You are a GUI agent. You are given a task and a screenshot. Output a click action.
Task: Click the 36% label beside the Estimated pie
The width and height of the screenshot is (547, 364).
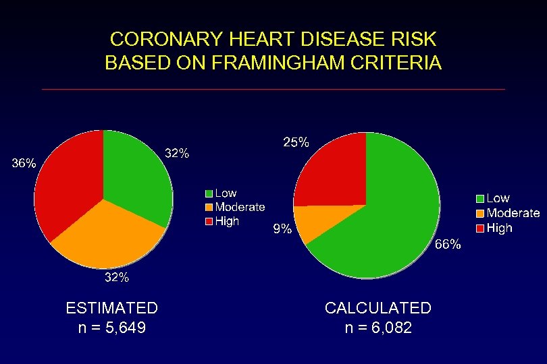tap(24, 163)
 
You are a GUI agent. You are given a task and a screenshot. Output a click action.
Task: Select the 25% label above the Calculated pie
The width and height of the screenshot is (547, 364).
tap(295, 142)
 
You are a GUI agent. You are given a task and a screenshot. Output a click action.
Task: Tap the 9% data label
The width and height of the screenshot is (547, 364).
tap(282, 230)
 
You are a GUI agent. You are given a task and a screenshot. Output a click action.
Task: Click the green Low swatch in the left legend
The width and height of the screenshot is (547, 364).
tap(209, 194)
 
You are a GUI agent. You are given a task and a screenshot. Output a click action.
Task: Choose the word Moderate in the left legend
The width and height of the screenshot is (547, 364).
tap(240, 207)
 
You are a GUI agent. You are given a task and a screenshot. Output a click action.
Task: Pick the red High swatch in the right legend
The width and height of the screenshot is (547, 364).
tap(480, 229)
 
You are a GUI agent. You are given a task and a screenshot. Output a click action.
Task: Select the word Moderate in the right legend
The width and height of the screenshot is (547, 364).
tap(513, 213)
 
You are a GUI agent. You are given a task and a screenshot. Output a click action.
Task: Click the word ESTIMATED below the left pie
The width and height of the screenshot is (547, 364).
tap(111, 308)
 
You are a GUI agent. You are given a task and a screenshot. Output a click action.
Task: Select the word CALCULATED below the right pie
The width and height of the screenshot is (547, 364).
tap(377, 308)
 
